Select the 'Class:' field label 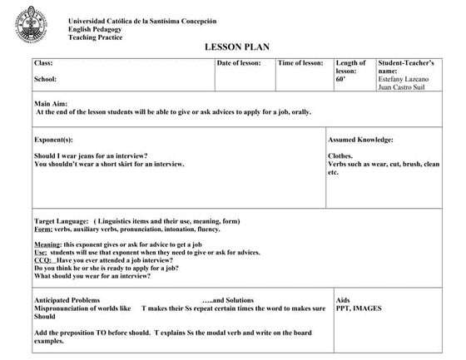pos(43,63)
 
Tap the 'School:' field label pos(45,80)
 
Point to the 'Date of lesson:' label pos(242,63)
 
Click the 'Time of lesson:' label pos(300,63)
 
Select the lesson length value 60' pos(341,80)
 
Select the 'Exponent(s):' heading pos(53,140)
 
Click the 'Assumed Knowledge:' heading pos(360,140)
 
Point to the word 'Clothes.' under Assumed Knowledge pos(340,155)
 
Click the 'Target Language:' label pos(61,221)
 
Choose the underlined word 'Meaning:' pos(47,244)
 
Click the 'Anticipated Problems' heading pos(70,299)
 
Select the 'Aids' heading pos(343,299)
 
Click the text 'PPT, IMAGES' pos(359,308)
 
